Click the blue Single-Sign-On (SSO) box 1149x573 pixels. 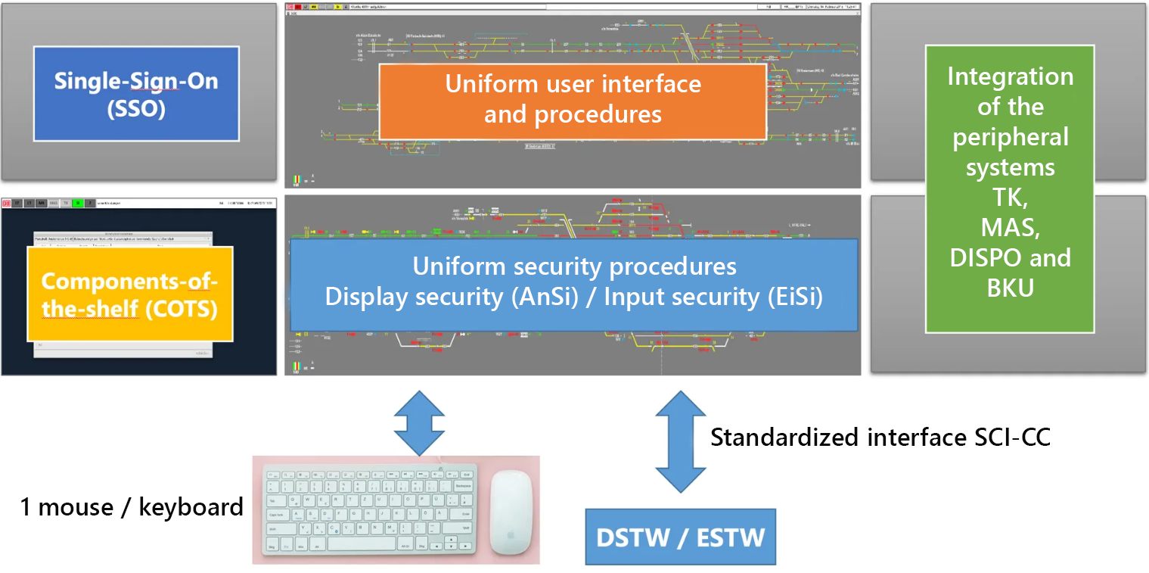click(x=136, y=93)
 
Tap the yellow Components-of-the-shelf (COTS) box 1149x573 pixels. click(x=129, y=293)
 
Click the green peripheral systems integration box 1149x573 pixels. click(x=1010, y=189)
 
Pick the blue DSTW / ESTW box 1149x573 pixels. click(x=681, y=537)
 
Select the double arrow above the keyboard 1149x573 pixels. click(x=419, y=422)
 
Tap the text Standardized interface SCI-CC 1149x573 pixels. click(x=880, y=438)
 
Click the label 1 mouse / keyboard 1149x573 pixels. click(x=132, y=507)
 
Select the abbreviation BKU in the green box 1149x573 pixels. click(x=1010, y=288)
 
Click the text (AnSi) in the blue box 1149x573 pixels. click(x=546, y=297)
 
